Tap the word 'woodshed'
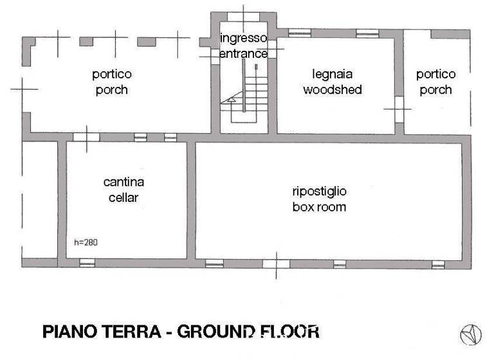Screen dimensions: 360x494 click(332, 89)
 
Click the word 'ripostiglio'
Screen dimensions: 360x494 click(319, 191)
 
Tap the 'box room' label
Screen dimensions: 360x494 click(319, 206)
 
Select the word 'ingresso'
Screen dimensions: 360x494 click(243, 37)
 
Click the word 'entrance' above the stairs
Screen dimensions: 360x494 click(243, 53)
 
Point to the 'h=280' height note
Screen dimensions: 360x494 click(86, 242)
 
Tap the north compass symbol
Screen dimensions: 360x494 click(470, 334)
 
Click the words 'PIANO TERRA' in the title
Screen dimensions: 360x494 click(103, 332)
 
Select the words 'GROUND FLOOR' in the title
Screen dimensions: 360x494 click(248, 332)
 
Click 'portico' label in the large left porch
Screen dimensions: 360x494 click(111, 74)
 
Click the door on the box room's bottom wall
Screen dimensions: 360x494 click(275, 264)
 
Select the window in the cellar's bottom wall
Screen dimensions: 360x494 click(87, 263)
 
